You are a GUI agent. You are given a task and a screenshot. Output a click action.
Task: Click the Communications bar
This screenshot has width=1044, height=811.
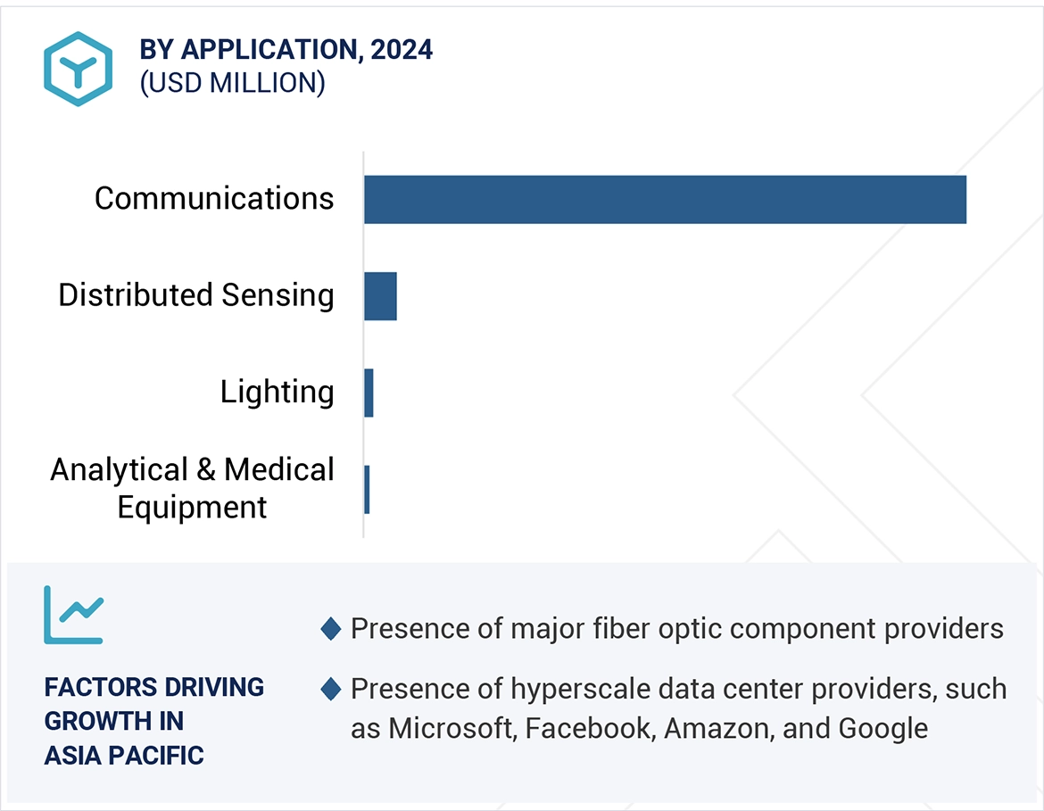coord(665,199)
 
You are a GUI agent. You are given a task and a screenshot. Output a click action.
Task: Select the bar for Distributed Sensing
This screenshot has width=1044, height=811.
coord(380,296)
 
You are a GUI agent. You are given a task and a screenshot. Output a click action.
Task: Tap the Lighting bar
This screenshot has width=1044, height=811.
coord(369,393)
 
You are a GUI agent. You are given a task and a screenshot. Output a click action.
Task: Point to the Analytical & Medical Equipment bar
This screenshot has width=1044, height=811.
coord(367,489)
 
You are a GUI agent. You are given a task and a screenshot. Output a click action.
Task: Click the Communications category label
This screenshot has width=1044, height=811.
coord(214,198)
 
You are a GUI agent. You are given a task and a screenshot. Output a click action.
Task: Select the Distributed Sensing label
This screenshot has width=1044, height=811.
coord(196,295)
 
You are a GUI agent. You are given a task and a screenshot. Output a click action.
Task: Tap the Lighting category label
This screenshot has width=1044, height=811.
coord(278,392)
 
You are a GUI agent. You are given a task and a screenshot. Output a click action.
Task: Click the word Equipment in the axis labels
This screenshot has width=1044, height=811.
coord(192,507)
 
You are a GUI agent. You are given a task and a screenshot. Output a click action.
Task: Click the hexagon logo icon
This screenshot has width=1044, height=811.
coord(79,69)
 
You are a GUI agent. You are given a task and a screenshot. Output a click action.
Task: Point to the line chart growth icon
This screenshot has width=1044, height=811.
coord(74,615)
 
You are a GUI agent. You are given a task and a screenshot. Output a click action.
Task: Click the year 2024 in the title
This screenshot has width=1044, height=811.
coord(402,50)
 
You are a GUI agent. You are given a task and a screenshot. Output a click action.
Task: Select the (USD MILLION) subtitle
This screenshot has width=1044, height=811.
coord(232,83)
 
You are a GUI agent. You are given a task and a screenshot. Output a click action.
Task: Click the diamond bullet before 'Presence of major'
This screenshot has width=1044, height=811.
coord(330,629)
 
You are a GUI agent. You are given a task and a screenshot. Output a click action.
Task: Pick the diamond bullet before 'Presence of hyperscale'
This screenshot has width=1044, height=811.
coord(330,689)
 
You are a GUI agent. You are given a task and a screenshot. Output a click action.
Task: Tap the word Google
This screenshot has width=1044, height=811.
coord(883,729)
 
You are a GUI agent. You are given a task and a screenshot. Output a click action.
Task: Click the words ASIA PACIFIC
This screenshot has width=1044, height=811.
coord(124,755)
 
